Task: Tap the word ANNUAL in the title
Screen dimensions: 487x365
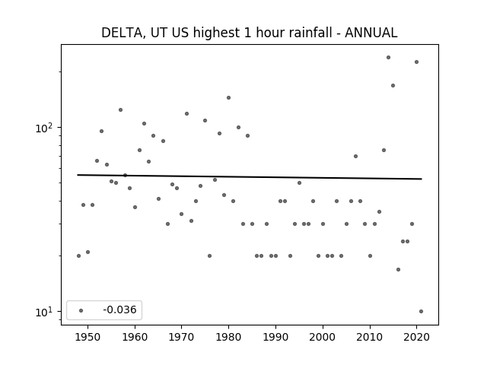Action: click(x=371, y=33)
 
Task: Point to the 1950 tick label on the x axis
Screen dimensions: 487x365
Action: click(x=88, y=337)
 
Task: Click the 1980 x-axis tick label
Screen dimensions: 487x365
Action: click(x=228, y=337)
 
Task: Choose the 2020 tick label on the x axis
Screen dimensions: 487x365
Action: click(x=416, y=337)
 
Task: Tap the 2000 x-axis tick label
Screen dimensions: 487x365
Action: click(x=323, y=337)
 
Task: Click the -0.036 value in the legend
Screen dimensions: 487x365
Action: click(x=119, y=309)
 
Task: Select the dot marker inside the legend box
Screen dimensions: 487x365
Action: click(x=81, y=310)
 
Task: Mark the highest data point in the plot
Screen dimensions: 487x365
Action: click(x=388, y=58)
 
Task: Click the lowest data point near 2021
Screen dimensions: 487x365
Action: click(x=421, y=311)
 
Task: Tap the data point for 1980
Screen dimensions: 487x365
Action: click(x=228, y=98)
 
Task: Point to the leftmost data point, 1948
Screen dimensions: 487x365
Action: click(x=78, y=255)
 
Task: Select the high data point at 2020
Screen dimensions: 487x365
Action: click(x=416, y=62)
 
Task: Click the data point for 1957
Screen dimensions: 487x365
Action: click(x=120, y=109)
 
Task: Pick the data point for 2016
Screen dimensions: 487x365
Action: click(x=398, y=269)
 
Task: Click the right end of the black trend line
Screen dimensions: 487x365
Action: click(x=422, y=179)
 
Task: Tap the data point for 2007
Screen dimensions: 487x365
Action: click(x=355, y=156)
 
